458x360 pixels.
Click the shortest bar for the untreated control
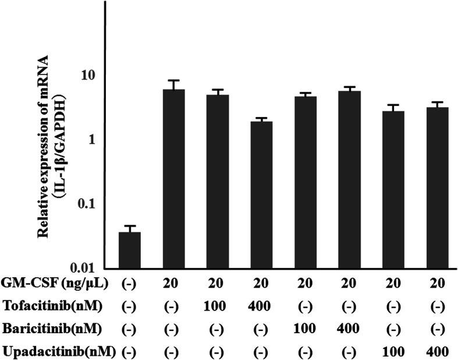coord(129,249)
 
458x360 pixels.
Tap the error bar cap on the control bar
coord(129,226)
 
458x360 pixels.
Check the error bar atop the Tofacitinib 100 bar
coord(218,90)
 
